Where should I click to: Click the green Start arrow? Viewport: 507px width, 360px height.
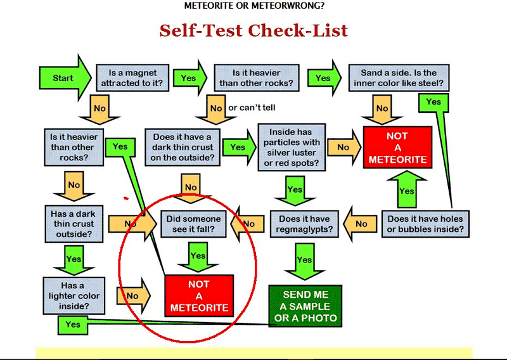pos(65,78)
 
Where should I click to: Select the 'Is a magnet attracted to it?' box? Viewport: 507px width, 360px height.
pos(132,78)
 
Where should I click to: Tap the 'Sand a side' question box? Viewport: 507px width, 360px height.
pos(399,77)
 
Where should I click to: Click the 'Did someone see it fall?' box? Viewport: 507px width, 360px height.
pos(193,224)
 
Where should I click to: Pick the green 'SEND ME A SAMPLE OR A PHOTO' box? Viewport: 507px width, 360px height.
pos(305,306)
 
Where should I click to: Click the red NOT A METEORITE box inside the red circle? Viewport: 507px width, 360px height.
pos(199,295)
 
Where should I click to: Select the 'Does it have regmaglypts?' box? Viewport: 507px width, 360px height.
pos(304,224)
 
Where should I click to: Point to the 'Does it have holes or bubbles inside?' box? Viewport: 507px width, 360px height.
pos(425,224)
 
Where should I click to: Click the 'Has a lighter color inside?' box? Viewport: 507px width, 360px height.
pos(74,295)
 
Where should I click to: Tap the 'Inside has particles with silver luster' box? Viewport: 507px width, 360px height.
pos(292,147)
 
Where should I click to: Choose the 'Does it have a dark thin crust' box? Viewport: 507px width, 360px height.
pos(183,147)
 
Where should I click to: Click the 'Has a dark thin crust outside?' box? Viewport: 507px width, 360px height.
pos(74,224)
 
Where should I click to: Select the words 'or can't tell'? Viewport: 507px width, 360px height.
pos(252,108)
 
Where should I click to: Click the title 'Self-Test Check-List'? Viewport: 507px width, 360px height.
pos(253,30)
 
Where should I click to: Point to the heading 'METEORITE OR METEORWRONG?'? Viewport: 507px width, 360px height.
pos(254,6)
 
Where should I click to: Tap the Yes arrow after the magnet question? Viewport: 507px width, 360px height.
pos(189,78)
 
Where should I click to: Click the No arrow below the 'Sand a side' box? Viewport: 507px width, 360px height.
pos(382,109)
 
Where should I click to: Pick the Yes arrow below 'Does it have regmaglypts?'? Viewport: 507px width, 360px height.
pos(304,261)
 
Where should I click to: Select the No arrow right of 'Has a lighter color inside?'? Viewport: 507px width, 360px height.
pos(133,295)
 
